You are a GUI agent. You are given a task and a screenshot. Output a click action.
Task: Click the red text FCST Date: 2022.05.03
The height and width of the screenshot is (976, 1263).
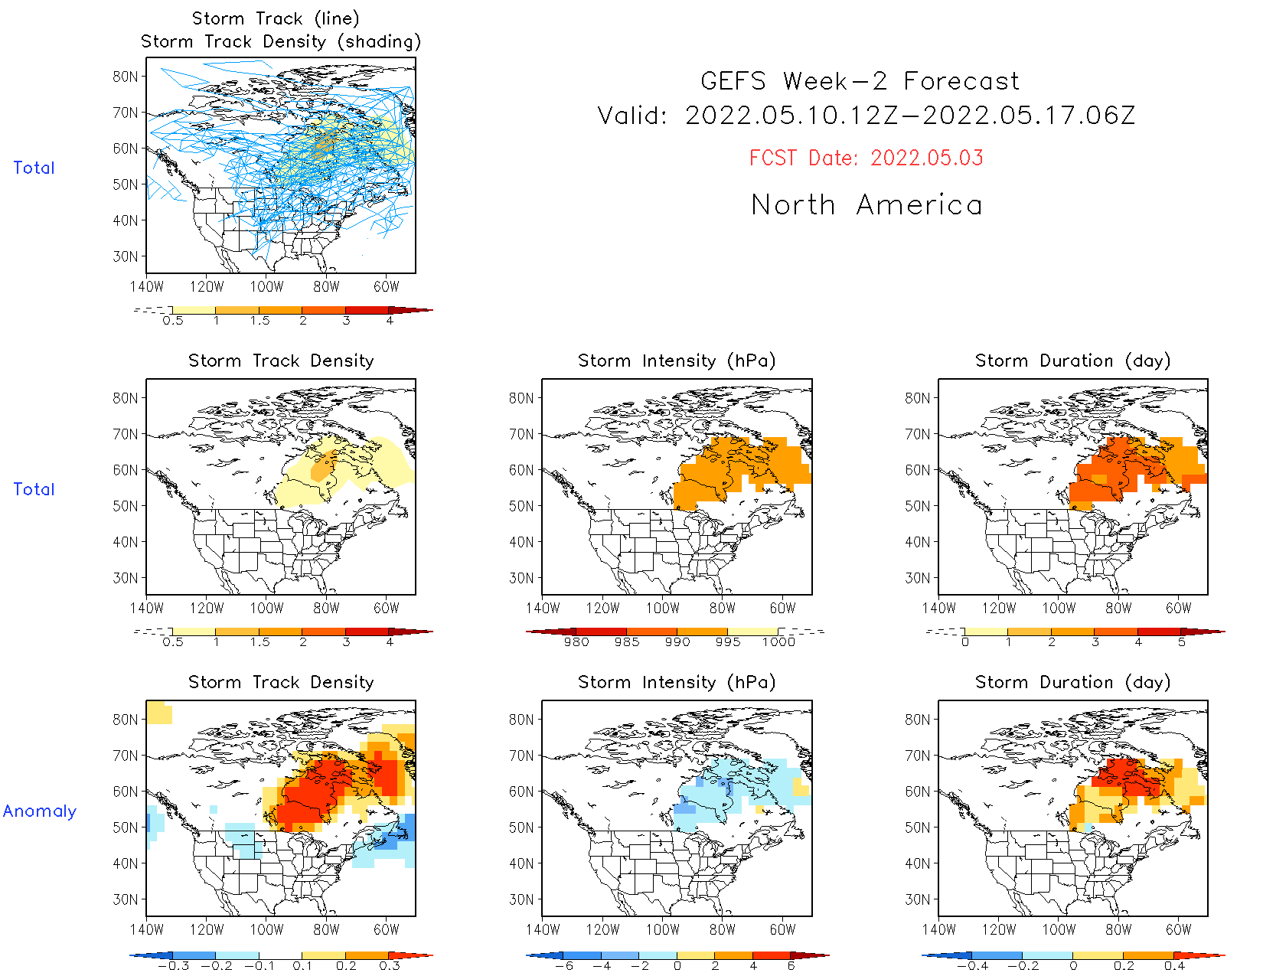[x=866, y=158]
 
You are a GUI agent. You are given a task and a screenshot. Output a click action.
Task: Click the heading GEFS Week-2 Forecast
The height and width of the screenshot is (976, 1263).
[x=860, y=81]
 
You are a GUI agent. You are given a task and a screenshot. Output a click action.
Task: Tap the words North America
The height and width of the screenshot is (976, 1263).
[x=866, y=205]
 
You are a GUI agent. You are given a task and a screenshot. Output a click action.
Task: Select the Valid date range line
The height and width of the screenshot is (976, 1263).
[x=866, y=116]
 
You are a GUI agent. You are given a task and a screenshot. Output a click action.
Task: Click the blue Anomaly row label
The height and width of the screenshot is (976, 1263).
[x=40, y=811]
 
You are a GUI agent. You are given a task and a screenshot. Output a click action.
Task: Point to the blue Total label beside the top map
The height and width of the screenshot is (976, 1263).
[x=34, y=168]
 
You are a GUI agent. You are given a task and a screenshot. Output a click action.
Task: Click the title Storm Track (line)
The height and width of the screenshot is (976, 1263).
[x=276, y=18]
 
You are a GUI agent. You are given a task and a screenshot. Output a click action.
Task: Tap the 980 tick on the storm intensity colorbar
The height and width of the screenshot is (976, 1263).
[x=576, y=642]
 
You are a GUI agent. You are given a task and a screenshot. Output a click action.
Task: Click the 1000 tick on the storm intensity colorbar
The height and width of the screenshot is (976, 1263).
[x=778, y=642]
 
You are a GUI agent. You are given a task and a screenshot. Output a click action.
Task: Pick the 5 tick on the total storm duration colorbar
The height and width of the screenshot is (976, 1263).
[x=1182, y=642]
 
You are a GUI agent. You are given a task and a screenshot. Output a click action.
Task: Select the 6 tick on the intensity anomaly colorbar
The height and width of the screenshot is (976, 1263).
[x=791, y=966]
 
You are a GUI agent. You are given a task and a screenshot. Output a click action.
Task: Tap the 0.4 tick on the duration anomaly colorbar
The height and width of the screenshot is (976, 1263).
[x=1174, y=966]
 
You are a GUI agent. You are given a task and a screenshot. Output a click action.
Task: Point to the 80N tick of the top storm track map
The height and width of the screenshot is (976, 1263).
[x=126, y=77]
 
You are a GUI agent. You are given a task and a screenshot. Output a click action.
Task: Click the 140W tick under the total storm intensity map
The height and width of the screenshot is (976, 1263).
[x=543, y=608]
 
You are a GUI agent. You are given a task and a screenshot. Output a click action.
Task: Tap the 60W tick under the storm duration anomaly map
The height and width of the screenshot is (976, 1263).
[x=1178, y=929]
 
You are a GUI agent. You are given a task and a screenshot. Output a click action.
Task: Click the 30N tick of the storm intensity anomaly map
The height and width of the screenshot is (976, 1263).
[x=521, y=899]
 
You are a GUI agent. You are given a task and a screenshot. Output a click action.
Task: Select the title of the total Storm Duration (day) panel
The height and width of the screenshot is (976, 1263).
[x=1072, y=361]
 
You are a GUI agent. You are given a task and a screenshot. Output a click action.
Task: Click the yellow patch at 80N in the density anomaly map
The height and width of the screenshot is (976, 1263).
[x=159, y=713]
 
